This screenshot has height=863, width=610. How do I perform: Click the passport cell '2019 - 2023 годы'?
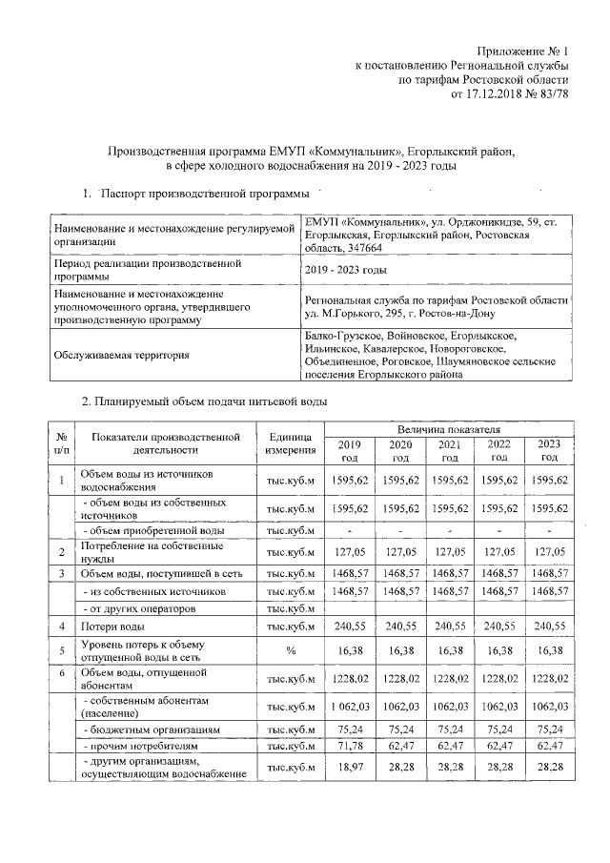[x=345, y=270]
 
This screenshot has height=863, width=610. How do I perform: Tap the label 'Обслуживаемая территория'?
[x=120, y=356]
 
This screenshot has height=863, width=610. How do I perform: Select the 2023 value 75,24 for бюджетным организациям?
[x=550, y=729]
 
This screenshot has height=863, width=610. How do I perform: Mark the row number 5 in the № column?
[x=61, y=653]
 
